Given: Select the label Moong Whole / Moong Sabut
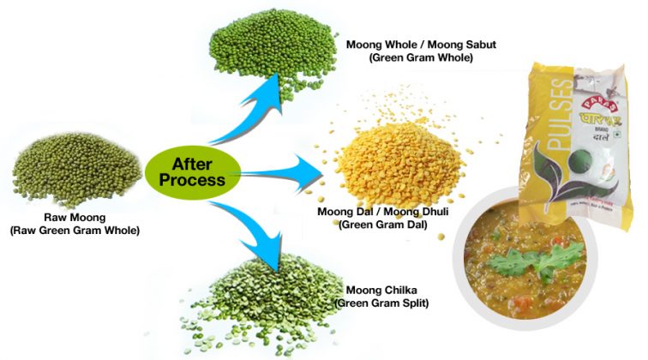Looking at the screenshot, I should [x=412, y=44].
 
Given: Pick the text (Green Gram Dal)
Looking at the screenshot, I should [x=375, y=225].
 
